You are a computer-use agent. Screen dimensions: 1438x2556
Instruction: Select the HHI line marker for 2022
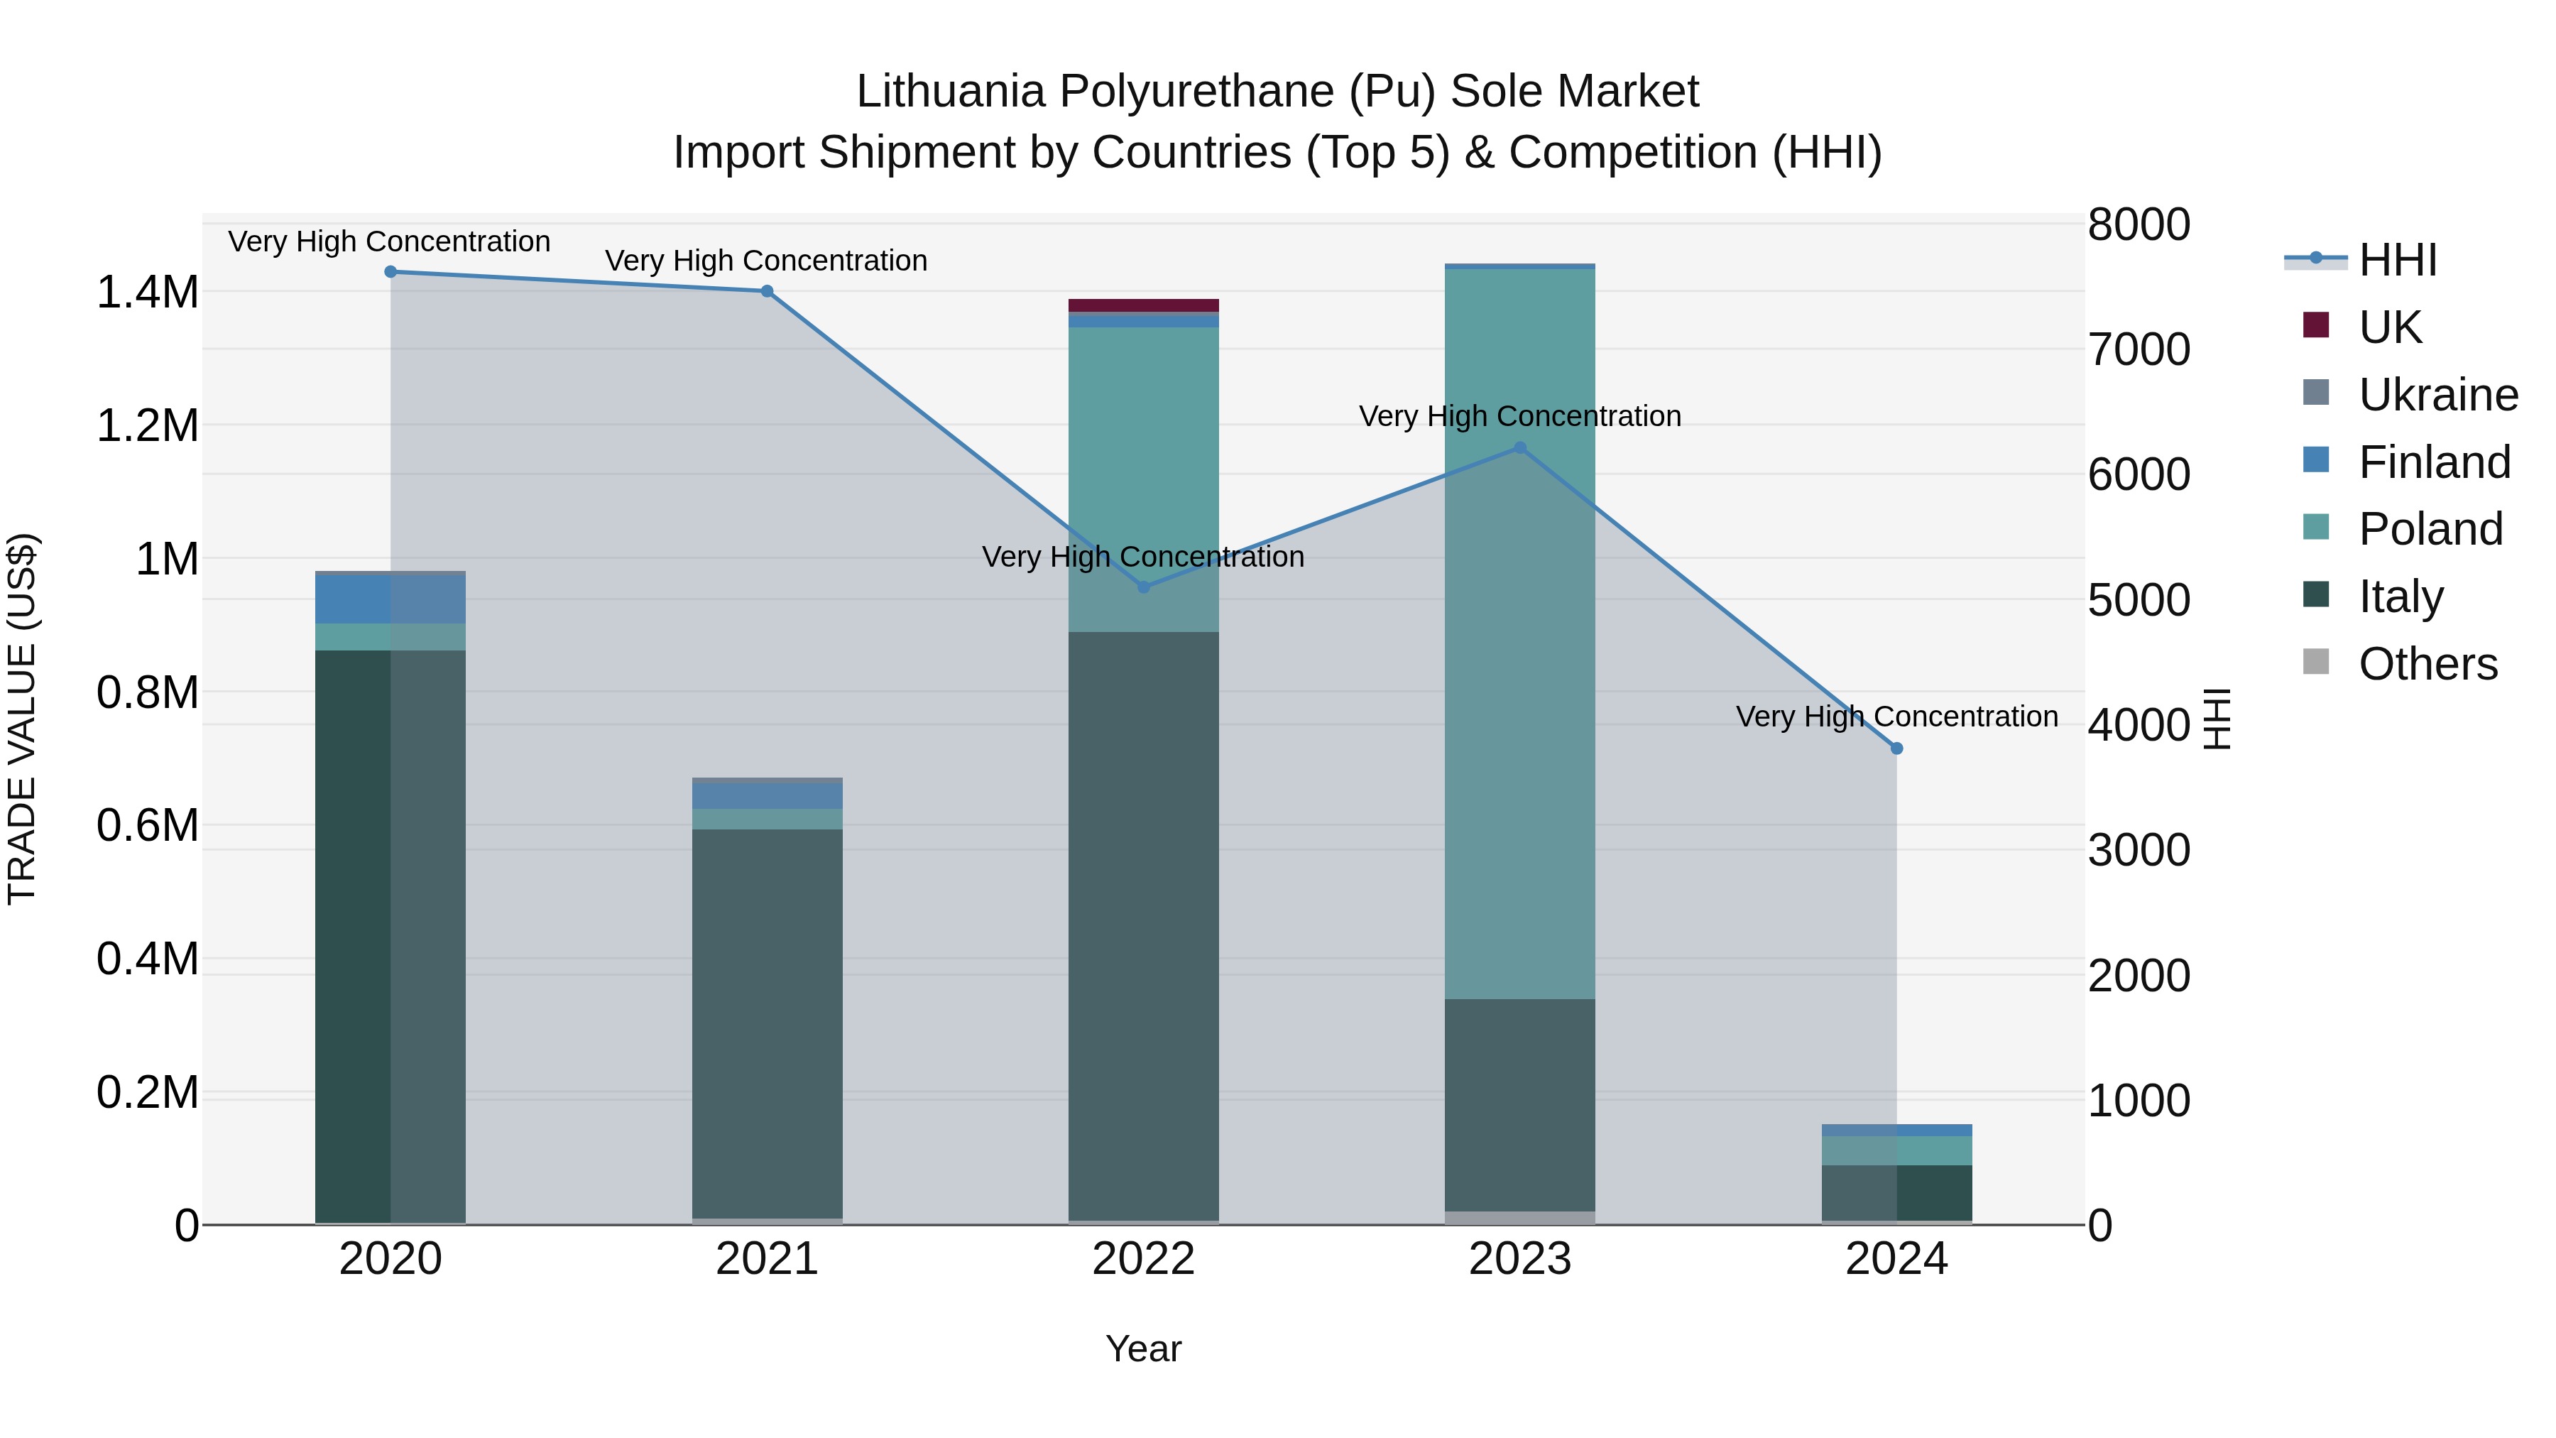(x=1143, y=587)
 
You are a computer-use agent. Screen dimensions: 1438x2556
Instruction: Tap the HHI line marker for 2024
(x=1896, y=748)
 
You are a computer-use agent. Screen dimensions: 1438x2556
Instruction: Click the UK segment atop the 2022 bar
(x=1143, y=305)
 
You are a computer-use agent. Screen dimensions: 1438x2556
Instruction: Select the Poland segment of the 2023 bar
(x=1519, y=635)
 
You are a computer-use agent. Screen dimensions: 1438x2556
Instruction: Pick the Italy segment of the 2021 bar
(x=767, y=1022)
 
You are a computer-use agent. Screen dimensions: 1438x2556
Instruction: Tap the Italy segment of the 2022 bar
(x=1143, y=923)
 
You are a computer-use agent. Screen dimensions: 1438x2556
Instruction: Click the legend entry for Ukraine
(x=2438, y=395)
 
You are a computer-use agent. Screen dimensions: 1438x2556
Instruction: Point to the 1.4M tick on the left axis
(x=147, y=293)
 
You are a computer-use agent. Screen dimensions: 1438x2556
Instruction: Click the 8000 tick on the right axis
(x=2139, y=224)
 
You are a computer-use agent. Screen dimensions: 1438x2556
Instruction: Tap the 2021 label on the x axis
(x=767, y=1259)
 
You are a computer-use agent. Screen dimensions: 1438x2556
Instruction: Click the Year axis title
(x=1143, y=1349)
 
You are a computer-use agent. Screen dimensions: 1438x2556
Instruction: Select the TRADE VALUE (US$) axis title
(x=22, y=719)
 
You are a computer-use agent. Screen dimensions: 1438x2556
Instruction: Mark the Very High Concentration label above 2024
(x=1896, y=717)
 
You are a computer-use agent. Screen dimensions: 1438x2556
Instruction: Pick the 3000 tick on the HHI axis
(x=2139, y=851)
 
